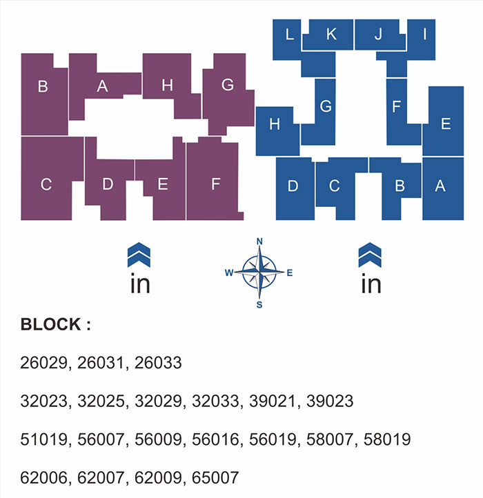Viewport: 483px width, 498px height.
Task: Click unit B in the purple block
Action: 43,87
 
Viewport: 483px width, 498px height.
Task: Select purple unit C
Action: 46,184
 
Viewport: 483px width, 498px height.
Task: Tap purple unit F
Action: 215,184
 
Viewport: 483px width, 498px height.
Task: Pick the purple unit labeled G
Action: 228,86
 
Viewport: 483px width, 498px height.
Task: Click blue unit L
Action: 289,34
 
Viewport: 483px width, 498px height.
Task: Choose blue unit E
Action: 445,124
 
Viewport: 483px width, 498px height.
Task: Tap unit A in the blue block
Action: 442,186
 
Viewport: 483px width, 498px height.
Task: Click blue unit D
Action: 293,186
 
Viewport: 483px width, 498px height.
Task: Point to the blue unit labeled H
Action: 275,125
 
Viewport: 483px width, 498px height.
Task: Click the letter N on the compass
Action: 260,241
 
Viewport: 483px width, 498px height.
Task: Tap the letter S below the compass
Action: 259,305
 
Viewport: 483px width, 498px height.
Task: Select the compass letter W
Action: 228,273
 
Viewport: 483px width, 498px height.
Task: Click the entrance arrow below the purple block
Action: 139,255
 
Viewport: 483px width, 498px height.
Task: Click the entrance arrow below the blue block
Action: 370,255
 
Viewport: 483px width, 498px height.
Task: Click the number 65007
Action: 216,477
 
